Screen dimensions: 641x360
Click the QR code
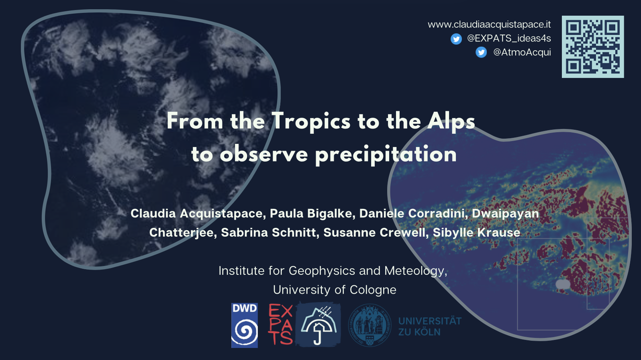[x=593, y=47]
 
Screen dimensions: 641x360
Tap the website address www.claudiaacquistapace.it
[x=489, y=25]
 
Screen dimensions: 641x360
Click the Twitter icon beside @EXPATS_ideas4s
[x=456, y=39]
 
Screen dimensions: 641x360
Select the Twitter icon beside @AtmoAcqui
[x=481, y=52]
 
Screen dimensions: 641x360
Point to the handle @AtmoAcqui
[x=522, y=52]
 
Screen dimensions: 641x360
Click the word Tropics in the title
[x=311, y=122]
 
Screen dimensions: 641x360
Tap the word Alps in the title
[x=451, y=122]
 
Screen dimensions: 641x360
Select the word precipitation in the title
[x=386, y=155]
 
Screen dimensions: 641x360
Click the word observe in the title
[x=263, y=155]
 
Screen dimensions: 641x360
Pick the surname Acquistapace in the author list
[x=221, y=213]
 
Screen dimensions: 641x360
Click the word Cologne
[x=373, y=290]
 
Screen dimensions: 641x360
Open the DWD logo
[x=244, y=325]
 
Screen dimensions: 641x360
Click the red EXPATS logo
[x=280, y=325]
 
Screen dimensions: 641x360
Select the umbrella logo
[x=318, y=325]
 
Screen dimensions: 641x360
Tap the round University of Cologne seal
[x=369, y=325]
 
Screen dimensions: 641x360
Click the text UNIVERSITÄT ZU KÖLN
[x=430, y=327]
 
